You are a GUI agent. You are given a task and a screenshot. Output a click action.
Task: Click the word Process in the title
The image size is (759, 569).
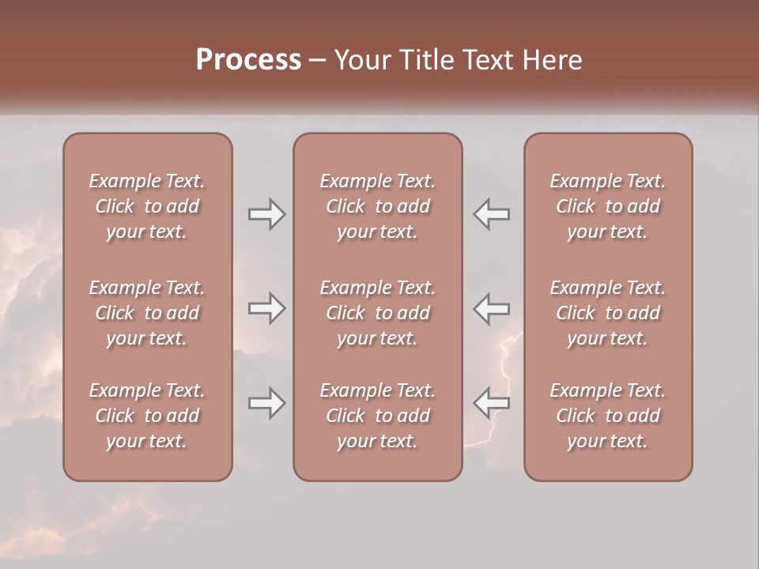click(248, 60)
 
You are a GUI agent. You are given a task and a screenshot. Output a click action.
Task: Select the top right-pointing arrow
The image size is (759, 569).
click(267, 214)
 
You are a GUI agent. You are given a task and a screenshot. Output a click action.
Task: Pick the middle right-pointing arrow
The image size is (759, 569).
click(267, 308)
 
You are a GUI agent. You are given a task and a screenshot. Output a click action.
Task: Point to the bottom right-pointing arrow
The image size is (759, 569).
click(267, 403)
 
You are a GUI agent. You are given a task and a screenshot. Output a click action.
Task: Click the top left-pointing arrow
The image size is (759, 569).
click(492, 214)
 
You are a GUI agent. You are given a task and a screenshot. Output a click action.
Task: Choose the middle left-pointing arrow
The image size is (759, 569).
click(492, 308)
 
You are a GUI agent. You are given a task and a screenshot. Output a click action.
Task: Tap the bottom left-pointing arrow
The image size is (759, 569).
click(492, 403)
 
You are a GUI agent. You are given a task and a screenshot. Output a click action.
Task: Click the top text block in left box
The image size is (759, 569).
click(147, 206)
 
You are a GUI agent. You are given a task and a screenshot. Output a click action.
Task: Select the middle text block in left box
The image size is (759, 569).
click(147, 313)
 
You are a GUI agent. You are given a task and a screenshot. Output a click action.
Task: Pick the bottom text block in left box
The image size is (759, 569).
click(147, 416)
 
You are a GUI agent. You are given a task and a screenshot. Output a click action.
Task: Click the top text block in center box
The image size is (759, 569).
click(377, 206)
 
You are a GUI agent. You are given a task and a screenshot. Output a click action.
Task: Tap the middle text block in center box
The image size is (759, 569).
click(377, 313)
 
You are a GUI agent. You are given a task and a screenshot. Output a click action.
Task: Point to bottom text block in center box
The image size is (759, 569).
click(377, 416)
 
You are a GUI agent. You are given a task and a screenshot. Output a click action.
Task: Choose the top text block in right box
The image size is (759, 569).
click(607, 206)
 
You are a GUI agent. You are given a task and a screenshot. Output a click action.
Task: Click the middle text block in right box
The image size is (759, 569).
click(607, 313)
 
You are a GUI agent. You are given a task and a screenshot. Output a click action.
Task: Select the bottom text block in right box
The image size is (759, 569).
click(607, 416)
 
